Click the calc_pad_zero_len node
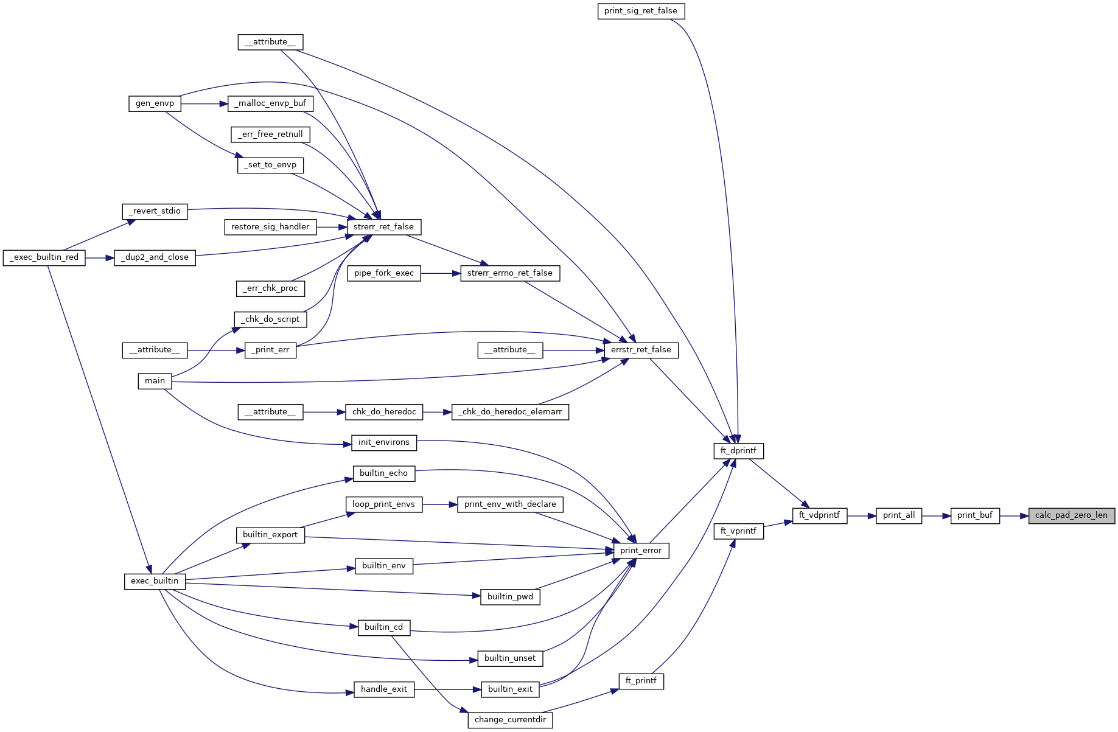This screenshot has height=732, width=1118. [x=1071, y=515]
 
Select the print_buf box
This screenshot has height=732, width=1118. [x=974, y=515]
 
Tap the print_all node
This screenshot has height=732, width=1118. [x=898, y=515]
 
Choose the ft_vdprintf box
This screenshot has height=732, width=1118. [x=819, y=515]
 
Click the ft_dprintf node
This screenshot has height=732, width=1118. [x=738, y=451]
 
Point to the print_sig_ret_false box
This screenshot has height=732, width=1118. [x=640, y=11]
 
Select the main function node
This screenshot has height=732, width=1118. [x=155, y=381]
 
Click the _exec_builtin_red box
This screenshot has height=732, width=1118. [x=44, y=257]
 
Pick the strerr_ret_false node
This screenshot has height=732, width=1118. [x=383, y=227]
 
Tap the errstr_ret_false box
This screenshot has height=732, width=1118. [x=641, y=350]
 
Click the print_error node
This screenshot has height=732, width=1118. [x=640, y=551]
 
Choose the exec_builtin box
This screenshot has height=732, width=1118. [x=155, y=581]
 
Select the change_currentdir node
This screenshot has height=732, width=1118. [x=510, y=720]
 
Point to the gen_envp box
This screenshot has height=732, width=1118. [x=155, y=103]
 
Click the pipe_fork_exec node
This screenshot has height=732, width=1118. [x=383, y=273]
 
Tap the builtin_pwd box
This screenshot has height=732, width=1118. [x=510, y=597]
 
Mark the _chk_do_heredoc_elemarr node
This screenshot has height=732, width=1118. [x=510, y=412]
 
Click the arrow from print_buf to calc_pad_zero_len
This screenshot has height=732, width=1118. [x=1013, y=515]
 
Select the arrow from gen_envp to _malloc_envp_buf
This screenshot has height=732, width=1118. [x=204, y=103]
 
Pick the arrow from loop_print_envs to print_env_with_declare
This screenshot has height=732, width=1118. [x=439, y=504]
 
